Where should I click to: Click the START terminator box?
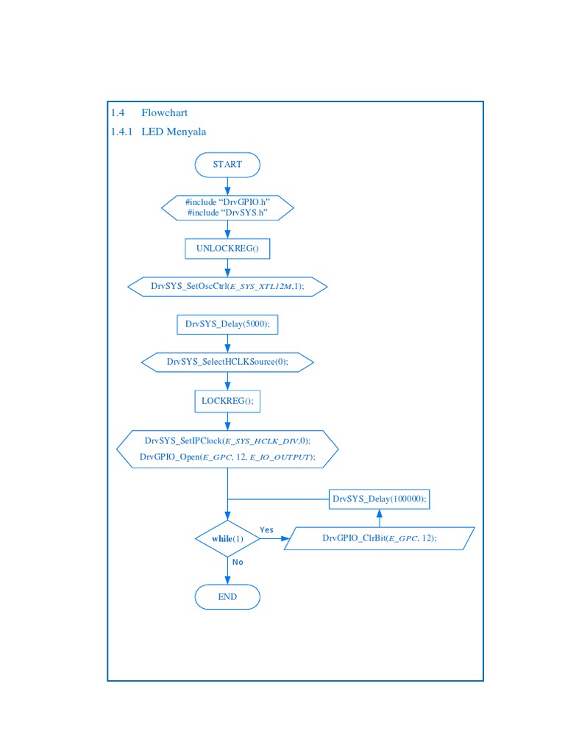(x=227, y=165)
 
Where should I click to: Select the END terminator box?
(x=227, y=597)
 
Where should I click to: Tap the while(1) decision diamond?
(x=227, y=539)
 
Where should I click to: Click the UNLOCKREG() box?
(x=227, y=249)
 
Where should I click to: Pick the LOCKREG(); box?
(x=227, y=402)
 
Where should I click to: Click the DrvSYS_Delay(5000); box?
(x=227, y=324)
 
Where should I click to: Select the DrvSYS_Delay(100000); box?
(x=379, y=500)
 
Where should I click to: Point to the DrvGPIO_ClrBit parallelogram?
(x=379, y=538)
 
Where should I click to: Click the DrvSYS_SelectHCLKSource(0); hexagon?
(x=227, y=362)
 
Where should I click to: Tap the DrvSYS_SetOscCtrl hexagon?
(x=227, y=286)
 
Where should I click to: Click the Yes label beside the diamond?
(x=266, y=530)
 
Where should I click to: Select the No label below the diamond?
(x=238, y=562)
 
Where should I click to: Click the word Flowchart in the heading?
(x=165, y=113)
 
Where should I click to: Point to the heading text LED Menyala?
(x=174, y=132)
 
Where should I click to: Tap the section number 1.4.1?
(x=122, y=132)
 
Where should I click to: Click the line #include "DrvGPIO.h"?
(x=227, y=202)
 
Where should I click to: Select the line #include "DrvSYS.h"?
(x=227, y=213)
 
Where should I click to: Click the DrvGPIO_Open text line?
(x=227, y=457)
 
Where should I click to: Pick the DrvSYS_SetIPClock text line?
(x=227, y=441)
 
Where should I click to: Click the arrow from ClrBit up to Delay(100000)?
(x=379, y=518)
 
